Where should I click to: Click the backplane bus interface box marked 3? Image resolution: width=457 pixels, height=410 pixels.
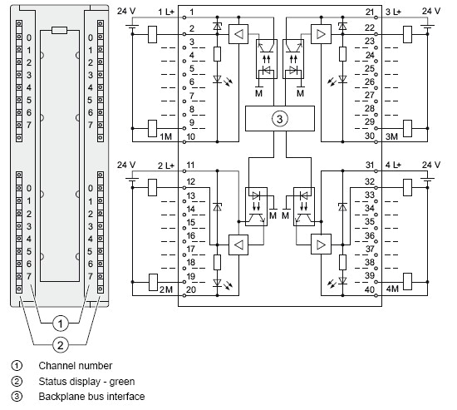pos(280,118)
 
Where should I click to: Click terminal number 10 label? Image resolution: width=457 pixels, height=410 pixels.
pos(190,136)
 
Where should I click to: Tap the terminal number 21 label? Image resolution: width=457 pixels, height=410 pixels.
pos(370,12)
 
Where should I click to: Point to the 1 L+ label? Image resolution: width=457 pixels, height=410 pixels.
pos(166,12)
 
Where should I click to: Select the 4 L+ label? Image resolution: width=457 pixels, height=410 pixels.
pos(393,165)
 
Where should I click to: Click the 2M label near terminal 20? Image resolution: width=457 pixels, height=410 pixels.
pos(166,289)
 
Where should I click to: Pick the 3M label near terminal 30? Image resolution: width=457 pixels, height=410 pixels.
pos(391,136)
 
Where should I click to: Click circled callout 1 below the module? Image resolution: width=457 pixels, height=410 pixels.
pos(61,324)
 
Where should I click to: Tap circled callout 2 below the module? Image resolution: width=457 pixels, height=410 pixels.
pos(61,345)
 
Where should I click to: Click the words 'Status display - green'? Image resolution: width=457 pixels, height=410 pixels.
pos(86,382)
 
